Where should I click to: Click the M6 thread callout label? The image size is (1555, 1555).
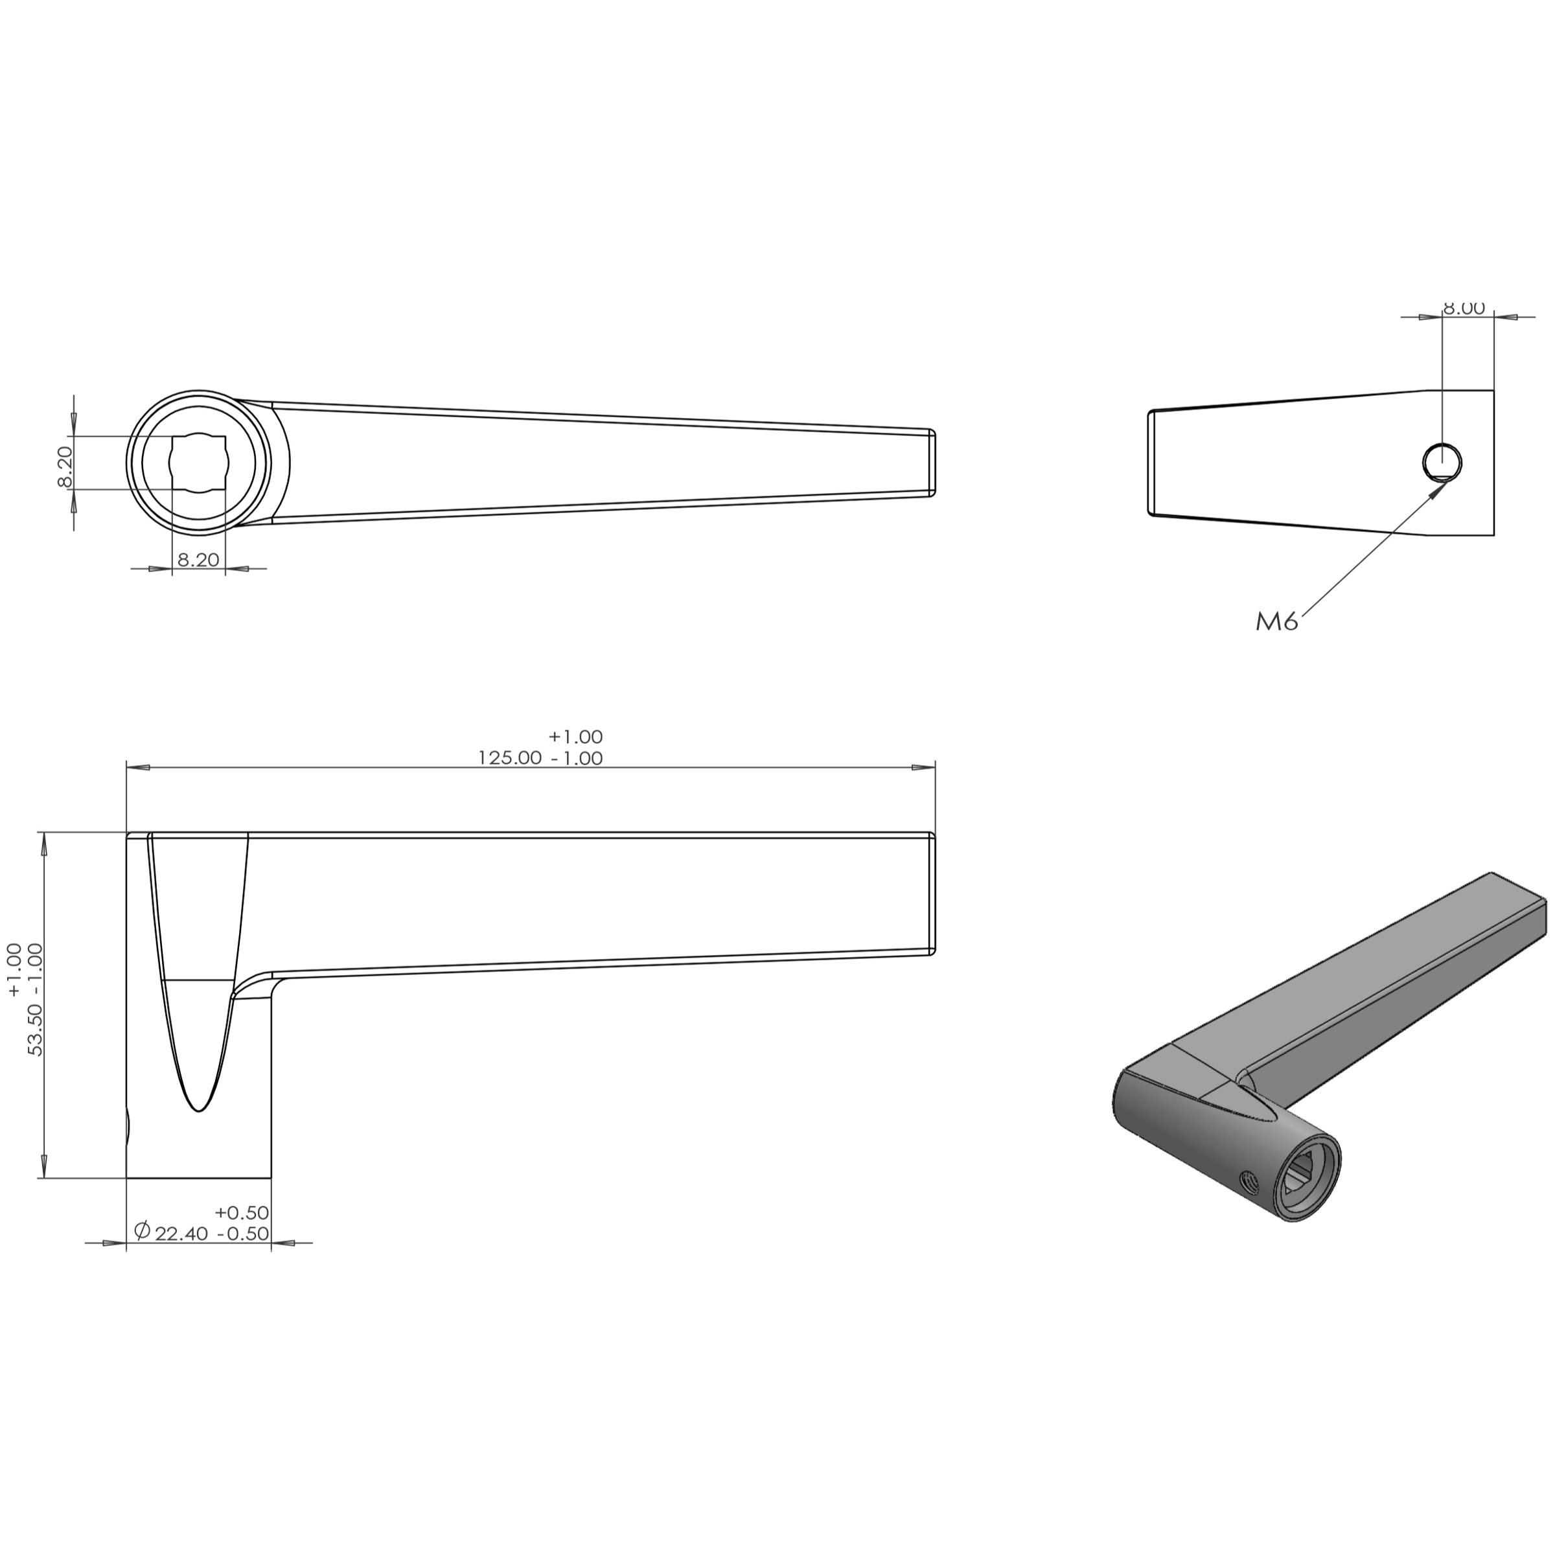[x=1277, y=622]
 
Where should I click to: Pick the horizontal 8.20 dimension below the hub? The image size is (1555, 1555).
[x=198, y=559]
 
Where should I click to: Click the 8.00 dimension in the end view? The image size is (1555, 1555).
[x=1463, y=309]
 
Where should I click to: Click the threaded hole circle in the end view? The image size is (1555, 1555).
[x=1442, y=463]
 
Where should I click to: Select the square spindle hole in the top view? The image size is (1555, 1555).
[x=199, y=463]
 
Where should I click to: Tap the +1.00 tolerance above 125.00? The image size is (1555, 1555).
[x=575, y=737]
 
